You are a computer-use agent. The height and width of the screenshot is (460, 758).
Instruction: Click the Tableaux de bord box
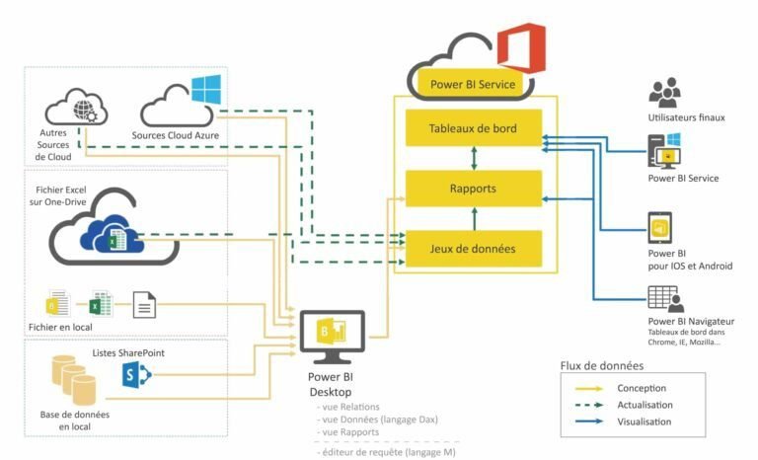coord(474,128)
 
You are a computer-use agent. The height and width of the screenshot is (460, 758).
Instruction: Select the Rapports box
coord(474,188)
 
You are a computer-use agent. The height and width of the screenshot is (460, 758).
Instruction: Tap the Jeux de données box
coord(474,248)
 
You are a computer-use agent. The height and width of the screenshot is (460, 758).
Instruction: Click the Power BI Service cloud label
coord(473,85)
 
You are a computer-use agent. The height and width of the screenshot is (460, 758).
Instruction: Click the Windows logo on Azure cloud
coord(204,90)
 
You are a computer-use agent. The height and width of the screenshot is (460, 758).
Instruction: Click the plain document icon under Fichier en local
coord(144,304)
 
